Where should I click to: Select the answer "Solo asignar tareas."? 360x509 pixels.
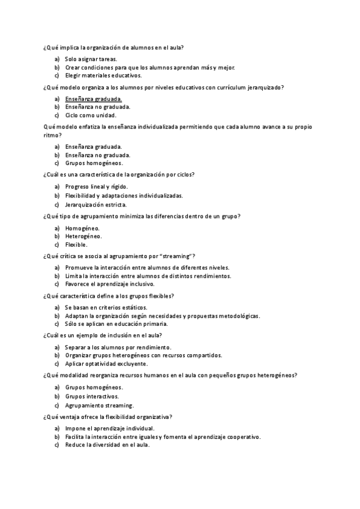(91, 59)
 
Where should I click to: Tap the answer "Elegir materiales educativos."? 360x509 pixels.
(103, 76)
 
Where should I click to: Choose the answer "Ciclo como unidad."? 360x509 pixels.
(91, 115)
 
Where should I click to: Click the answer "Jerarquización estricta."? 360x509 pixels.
(95, 205)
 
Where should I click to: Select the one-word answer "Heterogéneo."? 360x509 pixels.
(83, 236)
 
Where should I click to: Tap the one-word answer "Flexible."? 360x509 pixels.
(77, 245)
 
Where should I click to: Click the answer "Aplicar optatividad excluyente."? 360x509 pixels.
(106, 364)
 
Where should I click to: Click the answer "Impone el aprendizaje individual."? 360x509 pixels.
(110, 429)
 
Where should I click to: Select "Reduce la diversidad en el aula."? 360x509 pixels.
(107, 445)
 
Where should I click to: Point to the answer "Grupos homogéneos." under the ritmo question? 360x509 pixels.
(94, 163)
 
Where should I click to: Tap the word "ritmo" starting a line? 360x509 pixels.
(52, 135)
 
